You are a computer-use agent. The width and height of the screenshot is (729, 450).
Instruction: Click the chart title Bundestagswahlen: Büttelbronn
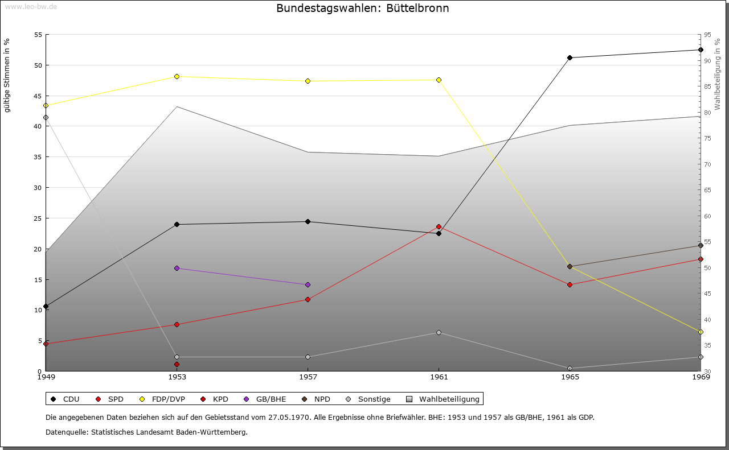(362, 9)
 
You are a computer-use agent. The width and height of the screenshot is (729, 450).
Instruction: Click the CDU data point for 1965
(570, 57)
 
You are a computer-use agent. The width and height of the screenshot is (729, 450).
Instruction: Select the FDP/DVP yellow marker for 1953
(177, 76)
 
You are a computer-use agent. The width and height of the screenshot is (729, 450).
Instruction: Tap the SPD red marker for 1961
(439, 226)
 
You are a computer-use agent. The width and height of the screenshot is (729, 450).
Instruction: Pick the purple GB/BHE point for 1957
(308, 284)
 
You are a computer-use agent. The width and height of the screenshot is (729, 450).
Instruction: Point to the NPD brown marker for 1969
(701, 245)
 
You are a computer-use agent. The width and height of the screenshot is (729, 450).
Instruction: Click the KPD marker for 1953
(177, 364)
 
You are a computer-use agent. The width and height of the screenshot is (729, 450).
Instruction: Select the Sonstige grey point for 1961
(439, 332)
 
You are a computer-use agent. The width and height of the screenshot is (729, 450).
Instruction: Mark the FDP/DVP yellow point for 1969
(701, 332)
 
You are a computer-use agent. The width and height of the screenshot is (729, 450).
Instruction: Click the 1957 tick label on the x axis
(308, 377)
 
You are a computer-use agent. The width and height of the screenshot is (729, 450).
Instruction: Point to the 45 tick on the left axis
(38, 96)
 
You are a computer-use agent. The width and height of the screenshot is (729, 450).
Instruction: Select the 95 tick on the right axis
(707, 35)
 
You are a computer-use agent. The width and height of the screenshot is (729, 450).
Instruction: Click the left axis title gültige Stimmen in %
(7, 75)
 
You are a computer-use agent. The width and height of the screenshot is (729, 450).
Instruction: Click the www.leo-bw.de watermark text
(31, 6)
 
